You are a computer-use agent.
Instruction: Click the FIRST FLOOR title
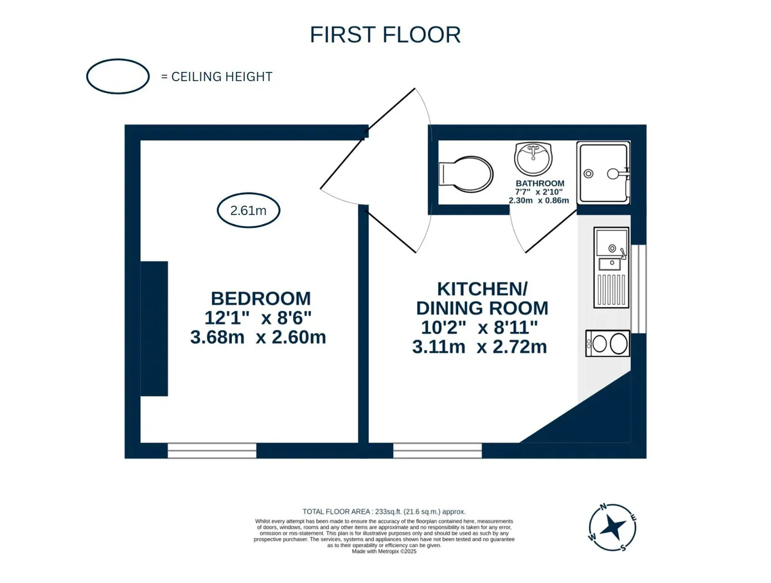[x=385, y=35]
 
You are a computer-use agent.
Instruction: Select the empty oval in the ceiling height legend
[x=118, y=59]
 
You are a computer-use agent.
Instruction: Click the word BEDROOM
[x=261, y=299]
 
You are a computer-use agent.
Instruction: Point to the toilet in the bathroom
[x=466, y=174]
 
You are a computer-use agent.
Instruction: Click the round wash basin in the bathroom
[x=533, y=159]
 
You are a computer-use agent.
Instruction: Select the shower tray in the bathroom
[x=603, y=173]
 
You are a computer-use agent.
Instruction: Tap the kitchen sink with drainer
[x=611, y=268]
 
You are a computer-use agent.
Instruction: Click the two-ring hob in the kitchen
[x=607, y=344]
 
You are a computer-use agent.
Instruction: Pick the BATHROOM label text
[x=540, y=183]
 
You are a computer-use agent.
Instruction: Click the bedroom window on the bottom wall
[x=212, y=450]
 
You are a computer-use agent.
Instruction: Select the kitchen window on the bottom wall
[x=438, y=450]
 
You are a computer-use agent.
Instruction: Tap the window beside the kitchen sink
[x=639, y=289]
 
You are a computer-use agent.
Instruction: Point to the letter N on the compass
[x=603, y=507]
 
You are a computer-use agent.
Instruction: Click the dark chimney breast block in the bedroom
[x=154, y=329]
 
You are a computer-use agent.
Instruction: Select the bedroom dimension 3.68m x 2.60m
[x=258, y=337]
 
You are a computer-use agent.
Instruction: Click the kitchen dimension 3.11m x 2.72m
[x=479, y=347]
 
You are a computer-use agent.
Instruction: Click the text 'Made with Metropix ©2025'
[x=384, y=552]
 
